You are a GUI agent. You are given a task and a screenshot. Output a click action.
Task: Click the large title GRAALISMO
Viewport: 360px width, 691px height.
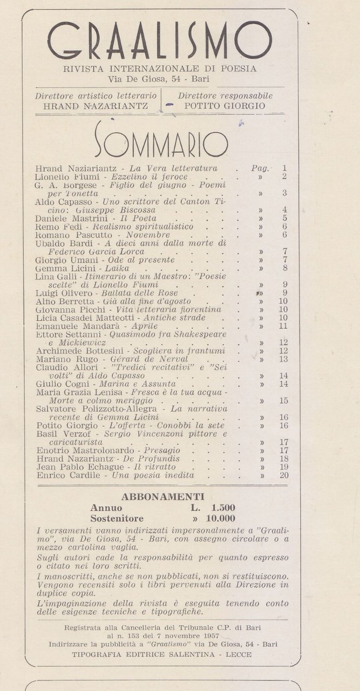pyautogui.click(x=160, y=41)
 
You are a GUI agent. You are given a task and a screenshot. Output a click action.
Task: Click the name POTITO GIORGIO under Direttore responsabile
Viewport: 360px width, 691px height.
pyautogui.click(x=225, y=106)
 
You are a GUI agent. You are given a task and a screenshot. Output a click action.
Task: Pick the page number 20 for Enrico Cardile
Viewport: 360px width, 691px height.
pyautogui.click(x=284, y=476)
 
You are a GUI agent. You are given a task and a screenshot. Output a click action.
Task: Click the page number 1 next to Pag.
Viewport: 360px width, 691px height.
pyautogui.click(x=284, y=168)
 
